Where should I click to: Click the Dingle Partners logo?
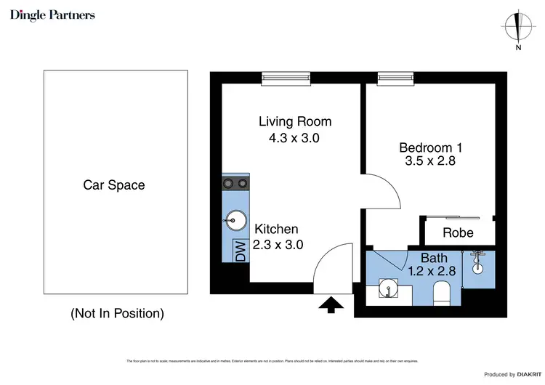[x=52, y=15]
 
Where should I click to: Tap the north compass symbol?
[x=517, y=28]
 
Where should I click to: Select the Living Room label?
[x=295, y=121]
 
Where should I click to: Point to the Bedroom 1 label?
[x=430, y=147]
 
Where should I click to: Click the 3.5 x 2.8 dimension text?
[x=430, y=162]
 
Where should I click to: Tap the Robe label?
[x=458, y=232]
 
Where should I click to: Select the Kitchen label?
[x=275, y=229]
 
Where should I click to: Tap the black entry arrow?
[x=331, y=305]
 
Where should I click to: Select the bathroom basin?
[x=389, y=291]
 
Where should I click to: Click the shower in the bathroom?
[x=477, y=263]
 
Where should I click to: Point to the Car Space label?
[x=113, y=185]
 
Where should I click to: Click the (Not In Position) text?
[x=117, y=314]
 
